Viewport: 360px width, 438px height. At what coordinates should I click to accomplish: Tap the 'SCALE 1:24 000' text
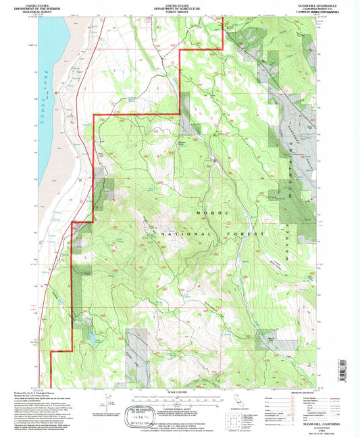[178, 393]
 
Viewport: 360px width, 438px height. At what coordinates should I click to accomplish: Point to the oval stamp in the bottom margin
[134, 416]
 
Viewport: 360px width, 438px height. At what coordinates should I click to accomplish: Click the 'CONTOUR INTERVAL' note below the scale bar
[178, 409]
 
